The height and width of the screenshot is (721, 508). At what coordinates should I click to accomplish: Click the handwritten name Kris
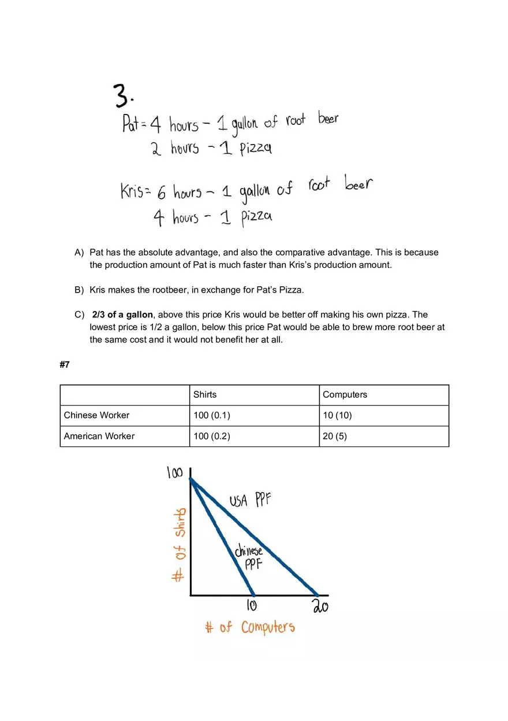pyautogui.click(x=132, y=191)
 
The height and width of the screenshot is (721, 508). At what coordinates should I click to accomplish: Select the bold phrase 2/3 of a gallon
pyautogui.click(x=122, y=315)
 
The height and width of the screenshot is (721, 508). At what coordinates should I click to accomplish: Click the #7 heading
pyautogui.click(x=65, y=365)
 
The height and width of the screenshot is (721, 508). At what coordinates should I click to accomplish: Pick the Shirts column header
pyautogui.click(x=205, y=395)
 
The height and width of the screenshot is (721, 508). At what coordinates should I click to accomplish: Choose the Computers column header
pyautogui.click(x=345, y=395)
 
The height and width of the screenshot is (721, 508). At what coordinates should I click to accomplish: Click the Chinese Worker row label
pyautogui.click(x=96, y=415)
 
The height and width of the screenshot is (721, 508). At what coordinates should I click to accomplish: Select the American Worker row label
pyautogui.click(x=99, y=436)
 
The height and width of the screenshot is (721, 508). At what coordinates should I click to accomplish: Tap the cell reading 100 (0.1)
pyautogui.click(x=212, y=415)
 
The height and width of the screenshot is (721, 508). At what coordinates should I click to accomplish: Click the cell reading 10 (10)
pyautogui.click(x=337, y=415)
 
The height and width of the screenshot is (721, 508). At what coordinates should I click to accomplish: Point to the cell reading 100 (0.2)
pyautogui.click(x=212, y=436)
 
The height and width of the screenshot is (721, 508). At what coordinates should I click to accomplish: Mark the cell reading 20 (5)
pyautogui.click(x=335, y=436)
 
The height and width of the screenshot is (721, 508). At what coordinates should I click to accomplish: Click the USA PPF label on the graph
pyautogui.click(x=250, y=500)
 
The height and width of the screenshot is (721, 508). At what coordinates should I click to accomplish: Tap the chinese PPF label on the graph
pyautogui.click(x=249, y=557)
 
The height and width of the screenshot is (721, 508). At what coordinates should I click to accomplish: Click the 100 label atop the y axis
pyautogui.click(x=174, y=473)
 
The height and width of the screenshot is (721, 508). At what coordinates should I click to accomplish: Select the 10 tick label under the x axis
pyautogui.click(x=252, y=606)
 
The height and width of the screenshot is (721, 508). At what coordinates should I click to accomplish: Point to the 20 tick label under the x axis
pyautogui.click(x=320, y=607)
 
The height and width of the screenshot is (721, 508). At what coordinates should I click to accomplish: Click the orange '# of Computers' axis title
pyautogui.click(x=250, y=627)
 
